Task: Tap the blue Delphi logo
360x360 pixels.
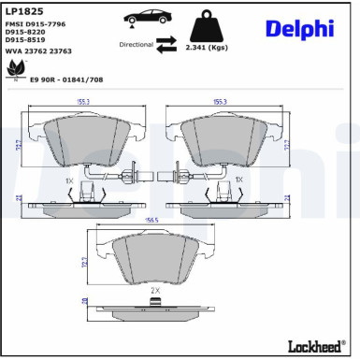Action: (x=298, y=29)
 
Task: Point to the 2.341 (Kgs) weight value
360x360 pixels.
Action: (x=207, y=46)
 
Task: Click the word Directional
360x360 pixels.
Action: (x=136, y=44)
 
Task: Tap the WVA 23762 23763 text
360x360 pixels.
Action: (x=38, y=52)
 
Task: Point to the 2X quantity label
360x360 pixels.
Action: (x=155, y=291)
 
